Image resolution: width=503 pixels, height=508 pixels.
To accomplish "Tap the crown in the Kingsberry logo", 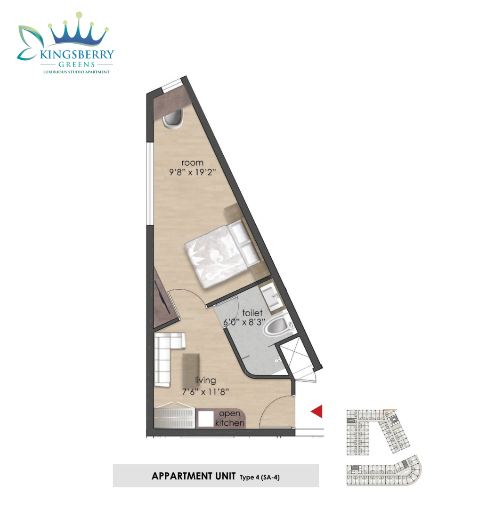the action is coord(79,31).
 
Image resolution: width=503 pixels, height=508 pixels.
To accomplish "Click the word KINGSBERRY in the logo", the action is coord(77,55).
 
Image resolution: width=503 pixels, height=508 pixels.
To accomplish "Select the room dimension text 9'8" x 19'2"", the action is coord(193,172).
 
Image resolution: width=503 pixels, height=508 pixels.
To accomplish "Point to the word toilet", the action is coord(252,313).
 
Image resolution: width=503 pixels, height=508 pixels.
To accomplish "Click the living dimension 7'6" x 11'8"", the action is coord(205,392).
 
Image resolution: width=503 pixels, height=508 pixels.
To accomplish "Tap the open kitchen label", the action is coord(230,418).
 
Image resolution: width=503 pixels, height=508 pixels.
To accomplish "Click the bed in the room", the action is coord(222,255).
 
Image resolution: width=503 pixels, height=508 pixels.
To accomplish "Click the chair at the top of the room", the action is coord(173,119).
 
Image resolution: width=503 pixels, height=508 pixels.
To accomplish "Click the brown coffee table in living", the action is coord(191,369).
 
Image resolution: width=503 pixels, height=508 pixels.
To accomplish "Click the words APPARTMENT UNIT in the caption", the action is coord(194,476).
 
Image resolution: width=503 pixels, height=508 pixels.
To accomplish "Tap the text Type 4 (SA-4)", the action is coord(260,477).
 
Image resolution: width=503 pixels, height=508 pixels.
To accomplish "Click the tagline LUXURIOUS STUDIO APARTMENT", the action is coord(77,72).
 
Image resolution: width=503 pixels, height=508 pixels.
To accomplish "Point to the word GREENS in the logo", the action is coord(77,64).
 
